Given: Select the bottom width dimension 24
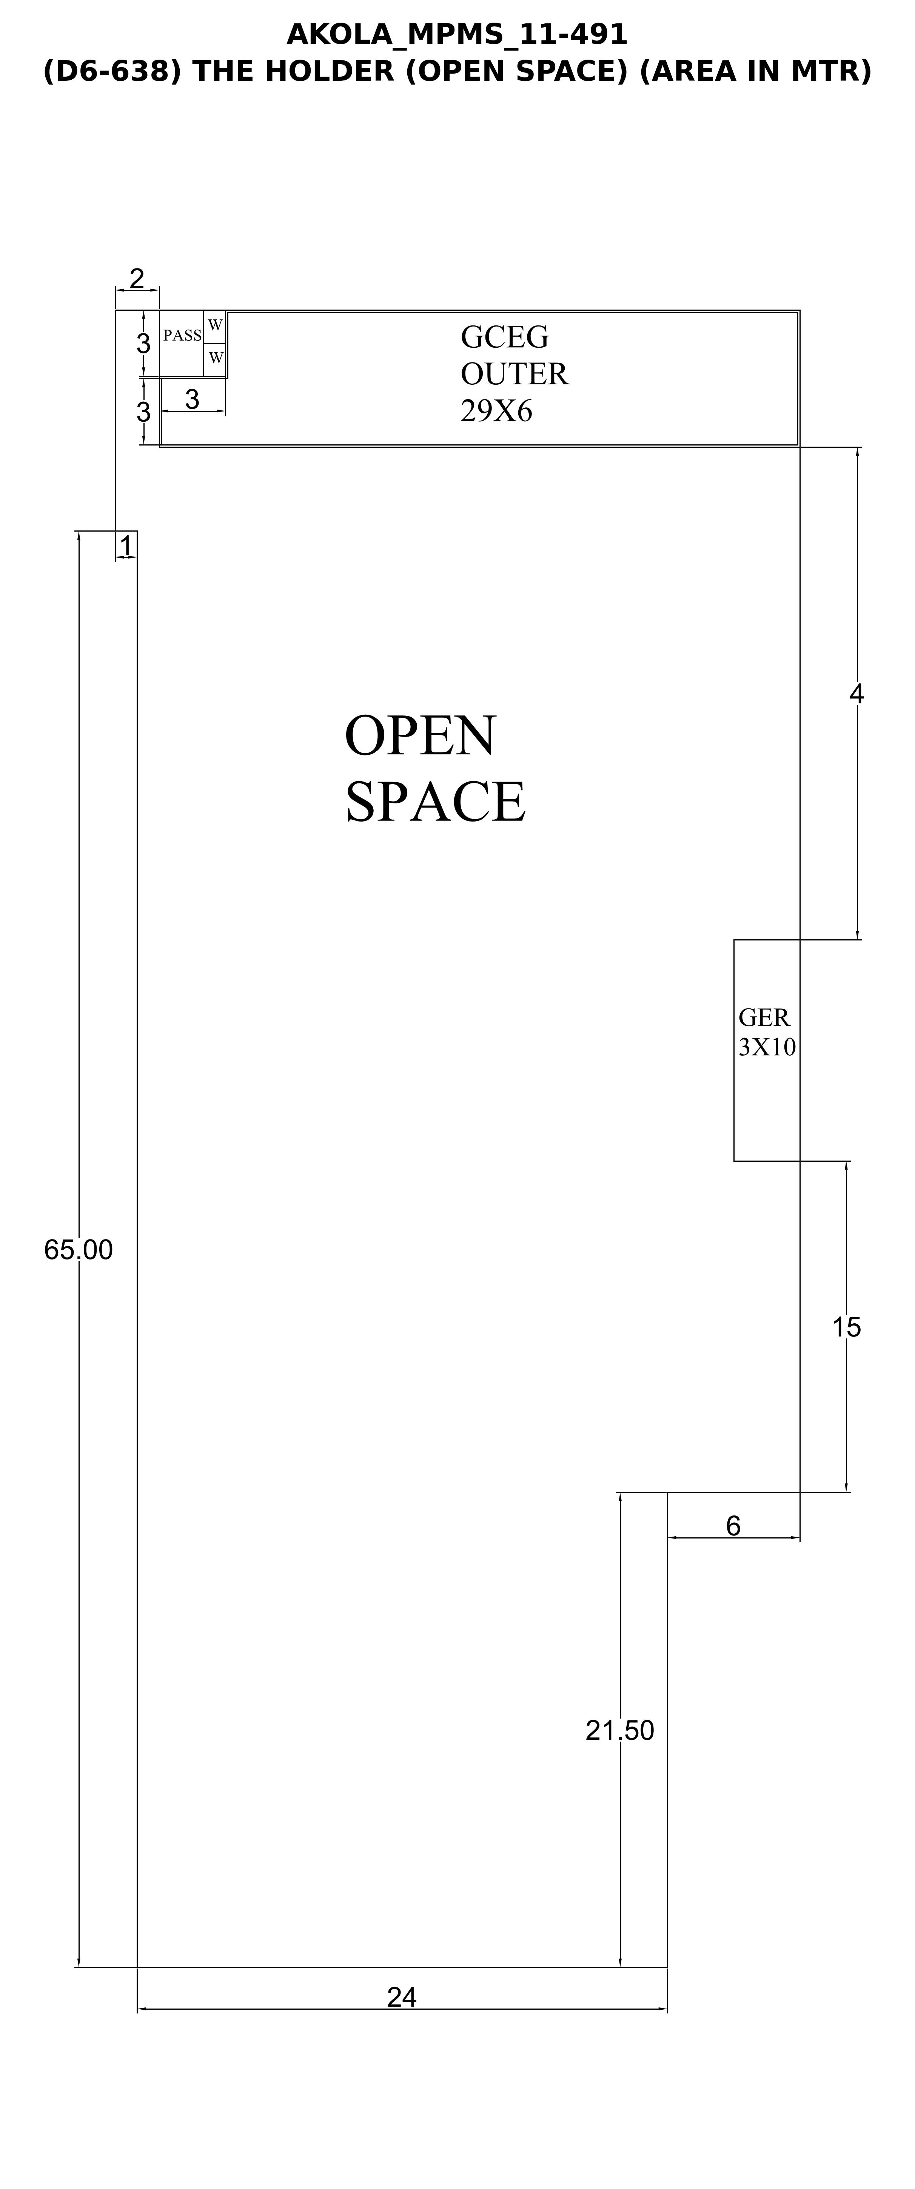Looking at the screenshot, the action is [x=402, y=1997].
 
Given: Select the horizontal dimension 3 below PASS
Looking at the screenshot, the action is [x=192, y=399].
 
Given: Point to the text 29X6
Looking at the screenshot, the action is [x=496, y=411].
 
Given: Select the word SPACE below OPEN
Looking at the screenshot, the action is [x=435, y=801].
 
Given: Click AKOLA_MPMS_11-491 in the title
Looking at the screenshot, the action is [x=457, y=34].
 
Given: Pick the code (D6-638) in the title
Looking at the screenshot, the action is [x=113, y=71].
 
